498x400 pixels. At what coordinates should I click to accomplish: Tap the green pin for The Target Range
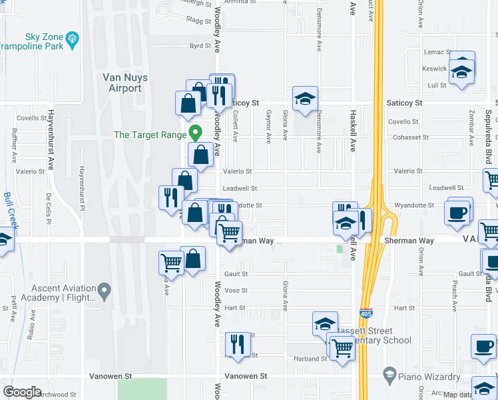coord(195,133)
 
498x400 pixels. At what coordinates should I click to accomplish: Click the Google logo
coord(22,391)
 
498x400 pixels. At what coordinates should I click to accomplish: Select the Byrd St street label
coord(200,46)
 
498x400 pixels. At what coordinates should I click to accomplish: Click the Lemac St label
coord(434,51)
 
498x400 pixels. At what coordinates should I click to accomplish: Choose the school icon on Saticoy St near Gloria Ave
coord(305,99)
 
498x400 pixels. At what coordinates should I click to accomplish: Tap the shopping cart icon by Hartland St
coord(342,347)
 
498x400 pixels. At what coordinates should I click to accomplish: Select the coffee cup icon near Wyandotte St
coord(457,212)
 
